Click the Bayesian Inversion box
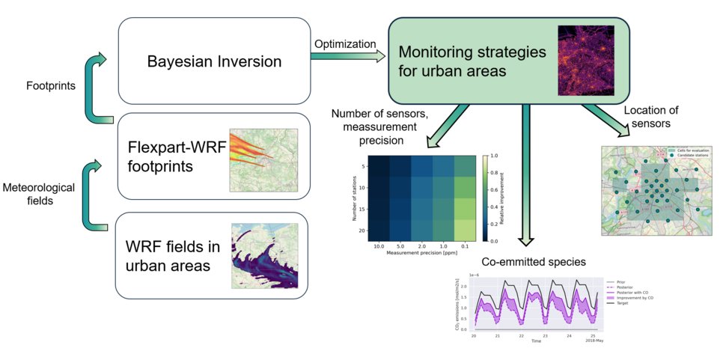(x=213, y=61)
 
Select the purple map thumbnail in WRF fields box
(x=263, y=257)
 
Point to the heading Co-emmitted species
(x=530, y=262)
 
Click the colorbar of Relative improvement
(x=486, y=198)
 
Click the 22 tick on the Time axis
(x=520, y=336)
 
